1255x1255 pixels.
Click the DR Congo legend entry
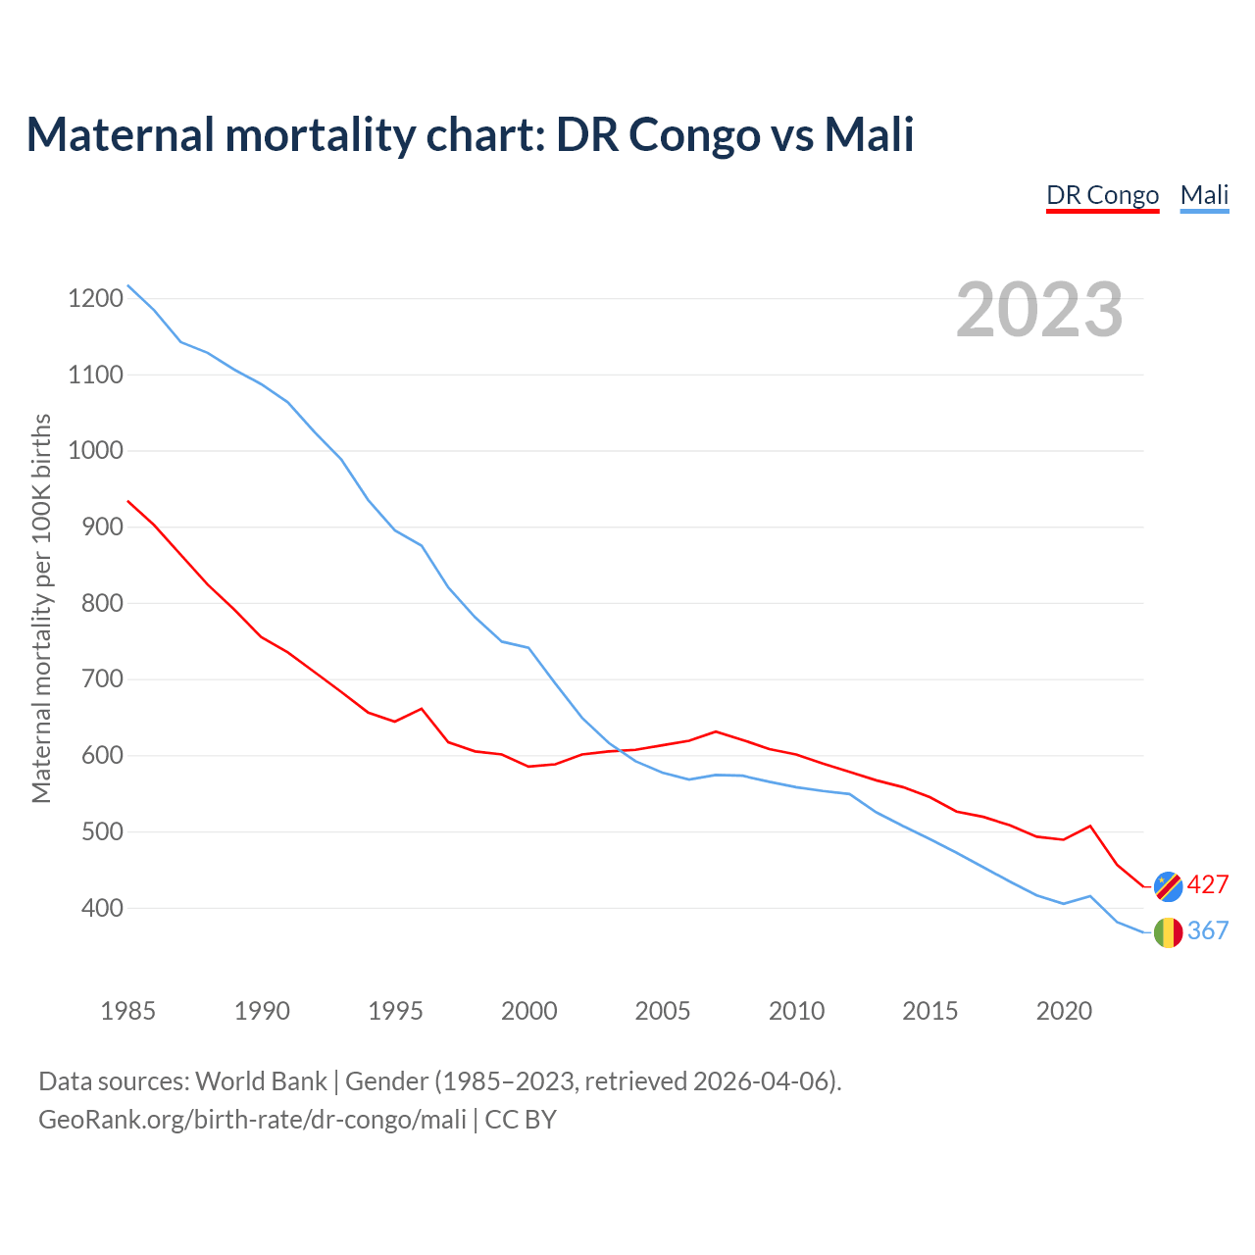pos(1102,195)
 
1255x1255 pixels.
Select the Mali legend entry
pos(1204,195)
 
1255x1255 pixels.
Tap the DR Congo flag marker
pos(1168,885)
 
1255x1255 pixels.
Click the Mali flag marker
pos(1168,932)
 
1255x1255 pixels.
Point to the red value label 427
pos(1208,885)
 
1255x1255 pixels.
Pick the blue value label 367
pos(1208,931)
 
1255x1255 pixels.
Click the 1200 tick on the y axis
pos(96,299)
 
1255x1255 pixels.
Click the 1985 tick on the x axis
pos(128,1011)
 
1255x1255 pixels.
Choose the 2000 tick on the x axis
pos(529,1011)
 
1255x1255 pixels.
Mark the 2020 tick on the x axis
pos(1064,1011)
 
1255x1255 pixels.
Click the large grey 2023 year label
pos(1039,310)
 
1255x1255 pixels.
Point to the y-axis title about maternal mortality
pos(41,608)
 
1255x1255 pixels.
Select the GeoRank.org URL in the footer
pos(252,1120)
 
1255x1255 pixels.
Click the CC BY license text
pos(521,1120)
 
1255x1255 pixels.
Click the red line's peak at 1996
pos(422,708)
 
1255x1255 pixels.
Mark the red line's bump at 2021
pos(1090,826)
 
